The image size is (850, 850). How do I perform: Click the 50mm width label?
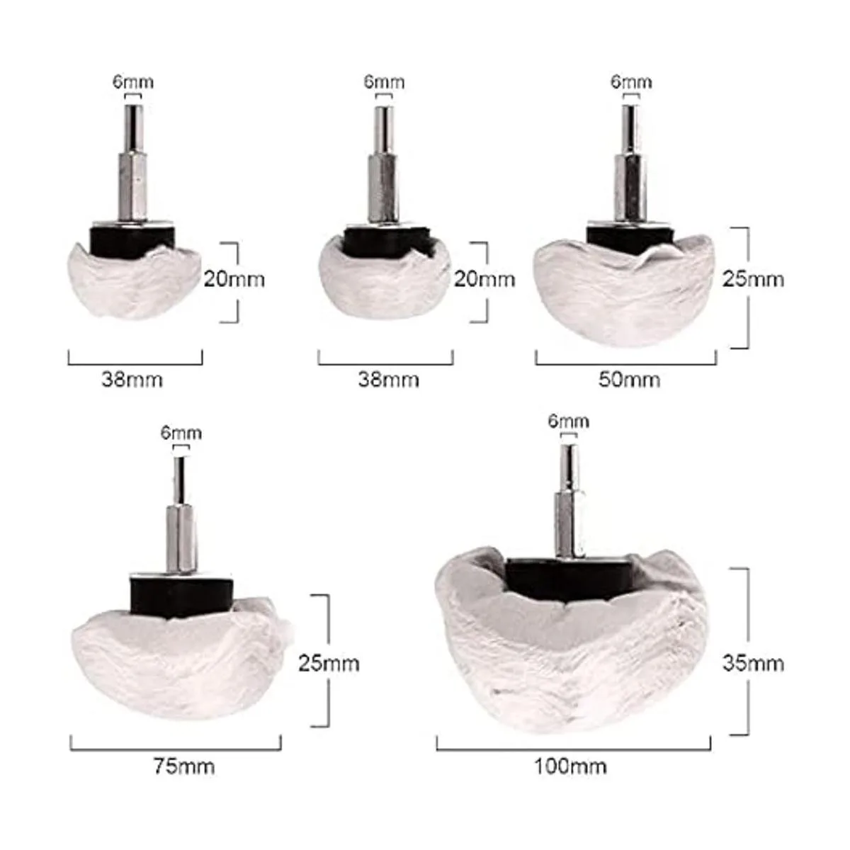tap(629, 380)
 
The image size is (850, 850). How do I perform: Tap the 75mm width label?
tap(184, 767)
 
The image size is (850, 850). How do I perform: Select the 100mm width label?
tap(570, 767)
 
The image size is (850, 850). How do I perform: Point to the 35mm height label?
tap(753, 664)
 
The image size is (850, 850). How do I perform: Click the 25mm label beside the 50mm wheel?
tap(753, 279)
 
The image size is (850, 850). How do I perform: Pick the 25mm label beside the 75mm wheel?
tap(329, 664)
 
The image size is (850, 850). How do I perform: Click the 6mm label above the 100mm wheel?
tap(569, 421)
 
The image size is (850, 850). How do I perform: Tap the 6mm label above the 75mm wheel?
tap(181, 433)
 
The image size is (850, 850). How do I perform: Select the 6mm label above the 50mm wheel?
tap(631, 82)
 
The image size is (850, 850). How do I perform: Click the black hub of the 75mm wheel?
tap(181, 598)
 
